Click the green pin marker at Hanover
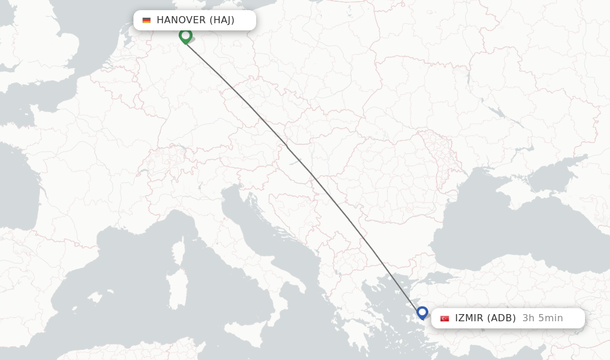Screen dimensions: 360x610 185,36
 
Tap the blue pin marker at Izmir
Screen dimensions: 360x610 422,312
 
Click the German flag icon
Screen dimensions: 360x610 147,20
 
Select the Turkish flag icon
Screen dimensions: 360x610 444,318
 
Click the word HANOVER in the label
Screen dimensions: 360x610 181,20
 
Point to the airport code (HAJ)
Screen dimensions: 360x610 222,20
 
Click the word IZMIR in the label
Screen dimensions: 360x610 469,318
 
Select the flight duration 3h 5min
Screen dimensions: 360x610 542,318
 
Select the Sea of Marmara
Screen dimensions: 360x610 444,279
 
